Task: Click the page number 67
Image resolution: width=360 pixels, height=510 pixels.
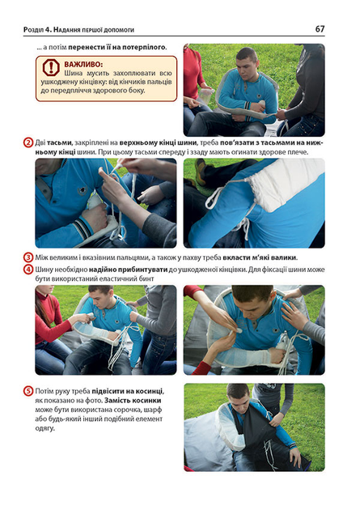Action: [320, 29]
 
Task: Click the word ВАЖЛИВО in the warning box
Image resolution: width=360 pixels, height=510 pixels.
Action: [83, 65]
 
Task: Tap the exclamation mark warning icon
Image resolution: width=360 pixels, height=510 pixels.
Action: [51, 67]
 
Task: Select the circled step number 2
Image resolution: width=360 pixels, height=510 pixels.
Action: [28, 142]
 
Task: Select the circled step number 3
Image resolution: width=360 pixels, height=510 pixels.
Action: [28, 257]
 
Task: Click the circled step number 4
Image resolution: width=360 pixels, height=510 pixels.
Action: [28, 270]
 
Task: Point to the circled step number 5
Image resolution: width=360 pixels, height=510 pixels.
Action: [28, 391]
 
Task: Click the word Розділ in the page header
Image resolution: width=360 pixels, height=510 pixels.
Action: [33, 30]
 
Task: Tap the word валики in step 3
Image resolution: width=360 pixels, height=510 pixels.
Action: [285, 257]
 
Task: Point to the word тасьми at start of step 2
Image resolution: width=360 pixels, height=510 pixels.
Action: [57, 142]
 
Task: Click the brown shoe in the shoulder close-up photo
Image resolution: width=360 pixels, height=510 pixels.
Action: [201, 172]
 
